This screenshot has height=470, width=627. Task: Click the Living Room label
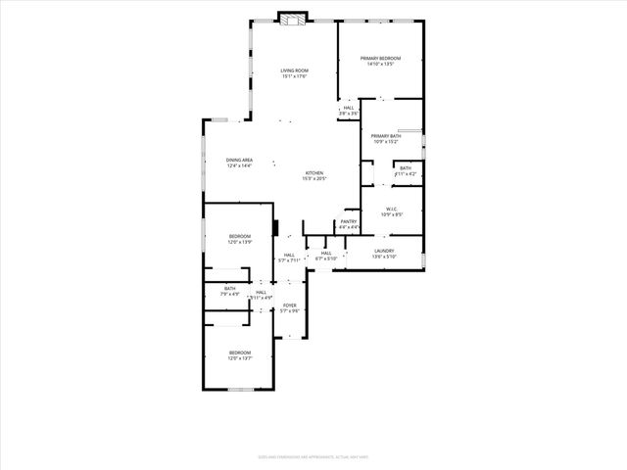(294, 70)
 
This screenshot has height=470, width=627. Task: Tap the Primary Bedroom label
(380, 58)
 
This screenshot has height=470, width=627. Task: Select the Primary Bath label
(386, 135)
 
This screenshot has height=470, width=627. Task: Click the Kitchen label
(313, 172)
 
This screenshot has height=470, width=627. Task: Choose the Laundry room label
(384, 251)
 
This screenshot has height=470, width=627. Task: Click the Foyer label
(290, 305)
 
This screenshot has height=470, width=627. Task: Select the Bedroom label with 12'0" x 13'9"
(240, 236)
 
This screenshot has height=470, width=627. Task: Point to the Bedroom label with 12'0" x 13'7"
(240, 352)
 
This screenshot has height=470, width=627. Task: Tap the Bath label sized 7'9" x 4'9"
(230, 288)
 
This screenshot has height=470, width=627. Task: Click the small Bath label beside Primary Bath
(406, 167)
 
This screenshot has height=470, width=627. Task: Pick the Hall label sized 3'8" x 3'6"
(349, 108)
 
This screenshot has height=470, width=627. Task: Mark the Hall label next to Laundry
(326, 253)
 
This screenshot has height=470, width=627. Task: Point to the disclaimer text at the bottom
(313, 455)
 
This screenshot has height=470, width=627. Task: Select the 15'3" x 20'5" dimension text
(313, 178)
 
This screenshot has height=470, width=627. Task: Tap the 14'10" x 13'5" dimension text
(380, 64)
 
